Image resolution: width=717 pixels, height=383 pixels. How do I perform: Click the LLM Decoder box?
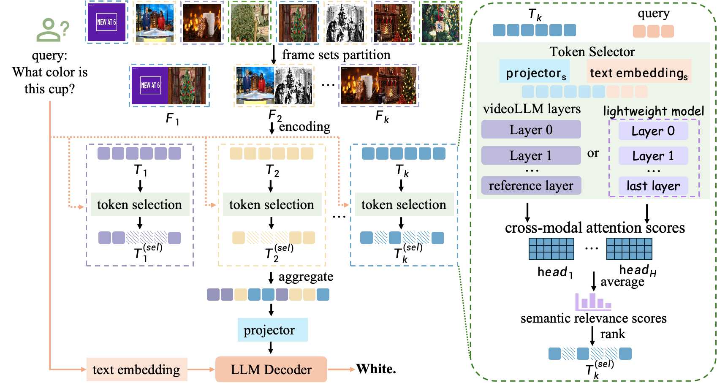tap(271, 369)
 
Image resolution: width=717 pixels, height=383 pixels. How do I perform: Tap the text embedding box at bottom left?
tap(136, 369)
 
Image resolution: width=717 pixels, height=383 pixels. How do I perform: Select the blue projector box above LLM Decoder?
tap(272, 330)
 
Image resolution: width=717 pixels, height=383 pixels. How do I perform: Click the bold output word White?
tap(376, 369)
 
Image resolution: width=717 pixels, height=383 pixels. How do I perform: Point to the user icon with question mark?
tap(52, 30)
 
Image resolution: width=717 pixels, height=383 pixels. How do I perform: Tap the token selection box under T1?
tap(140, 205)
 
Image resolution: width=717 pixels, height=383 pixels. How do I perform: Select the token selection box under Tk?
tap(404, 205)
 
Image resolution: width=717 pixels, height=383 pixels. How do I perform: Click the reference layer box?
tap(531, 186)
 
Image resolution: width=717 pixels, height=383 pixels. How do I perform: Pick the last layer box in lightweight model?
tap(653, 186)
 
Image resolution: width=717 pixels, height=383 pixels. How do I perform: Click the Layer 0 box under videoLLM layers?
tap(531, 130)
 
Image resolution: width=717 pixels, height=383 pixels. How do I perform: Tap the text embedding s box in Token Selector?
tap(638, 72)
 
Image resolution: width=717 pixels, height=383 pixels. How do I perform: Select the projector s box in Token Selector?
tap(535, 72)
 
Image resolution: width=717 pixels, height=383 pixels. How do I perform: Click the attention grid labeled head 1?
tap(551, 249)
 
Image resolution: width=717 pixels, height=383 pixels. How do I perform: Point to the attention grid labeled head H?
tap(629, 249)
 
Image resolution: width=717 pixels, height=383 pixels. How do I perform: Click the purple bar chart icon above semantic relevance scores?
tap(593, 302)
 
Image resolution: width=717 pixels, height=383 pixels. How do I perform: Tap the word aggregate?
tap(306, 277)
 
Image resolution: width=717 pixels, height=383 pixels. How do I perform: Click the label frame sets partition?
tap(336, 55)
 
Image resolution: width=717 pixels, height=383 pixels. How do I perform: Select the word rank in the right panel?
tap(612, 334)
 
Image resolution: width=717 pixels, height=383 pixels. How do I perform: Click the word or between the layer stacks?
tap(593, 153)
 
